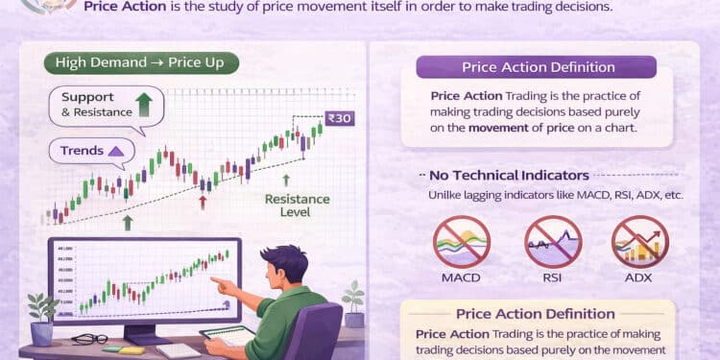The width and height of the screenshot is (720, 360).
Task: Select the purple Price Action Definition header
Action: pos(536,67)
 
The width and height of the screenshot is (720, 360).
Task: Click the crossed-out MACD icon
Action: pos(462,244)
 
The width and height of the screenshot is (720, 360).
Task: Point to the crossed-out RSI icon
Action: pos(551,244)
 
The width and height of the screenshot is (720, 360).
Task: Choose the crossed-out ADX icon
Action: pos(640,244)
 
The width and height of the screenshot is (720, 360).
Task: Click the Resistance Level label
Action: pos(298,205)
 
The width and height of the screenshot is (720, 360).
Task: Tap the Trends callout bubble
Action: pos(88,151)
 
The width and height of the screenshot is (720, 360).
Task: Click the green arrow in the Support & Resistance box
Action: pos(144,104)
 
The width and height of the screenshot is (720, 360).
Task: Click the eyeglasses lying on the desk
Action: pos(89,338)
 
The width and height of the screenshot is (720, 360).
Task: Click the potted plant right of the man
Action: pos(353,302)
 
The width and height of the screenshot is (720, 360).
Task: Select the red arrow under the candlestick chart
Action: pos(203,202)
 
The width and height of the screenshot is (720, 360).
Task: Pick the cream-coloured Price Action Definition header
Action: pos(536,313)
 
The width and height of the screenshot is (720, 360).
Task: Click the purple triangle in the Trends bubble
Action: pos(116,151)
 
